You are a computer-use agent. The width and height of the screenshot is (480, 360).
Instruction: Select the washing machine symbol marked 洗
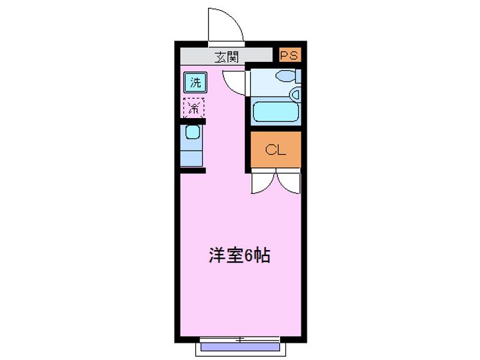(195, 83)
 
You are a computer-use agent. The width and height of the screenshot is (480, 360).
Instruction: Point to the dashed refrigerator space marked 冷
(194, 107)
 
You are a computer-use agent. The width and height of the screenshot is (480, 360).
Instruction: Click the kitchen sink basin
(192, 133)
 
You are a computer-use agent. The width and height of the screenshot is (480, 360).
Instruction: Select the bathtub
(275, 111)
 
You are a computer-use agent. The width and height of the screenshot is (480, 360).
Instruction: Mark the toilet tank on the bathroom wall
(297, 75)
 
